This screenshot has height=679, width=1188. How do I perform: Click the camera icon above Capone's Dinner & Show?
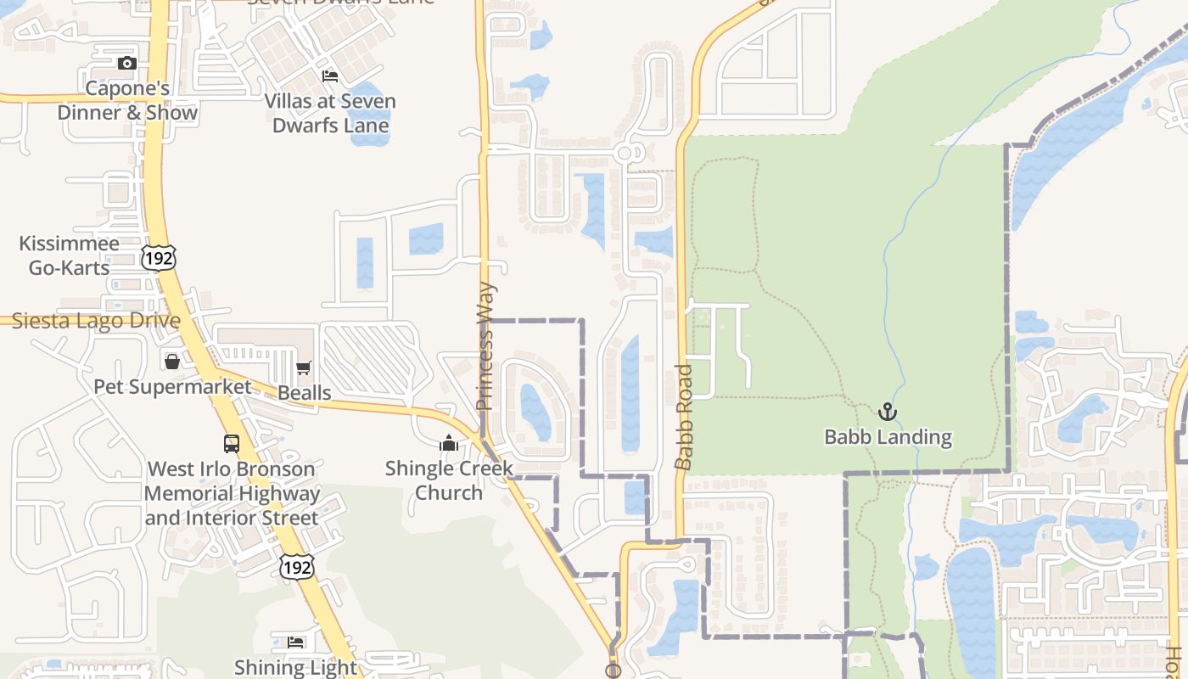click(x=126, y=63)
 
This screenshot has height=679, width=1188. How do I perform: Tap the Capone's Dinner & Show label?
click(x=127, y=100)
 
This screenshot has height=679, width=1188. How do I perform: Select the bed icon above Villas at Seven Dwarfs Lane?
click(x=330, y=76)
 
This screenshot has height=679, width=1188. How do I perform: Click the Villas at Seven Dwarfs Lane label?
click(x=330, y=113)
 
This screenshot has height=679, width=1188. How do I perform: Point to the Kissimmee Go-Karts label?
click(x=69, y=255)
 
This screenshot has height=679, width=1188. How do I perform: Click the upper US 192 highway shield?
click(x=159, y=257)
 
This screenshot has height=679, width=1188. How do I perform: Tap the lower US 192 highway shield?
click(x=297, y=566)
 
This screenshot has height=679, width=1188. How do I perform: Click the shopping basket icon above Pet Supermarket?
click(x=172, y=362)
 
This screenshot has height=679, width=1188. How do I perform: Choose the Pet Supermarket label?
click(x=172, y=387)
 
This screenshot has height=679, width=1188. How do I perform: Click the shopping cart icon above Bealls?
click(x=303, y=368)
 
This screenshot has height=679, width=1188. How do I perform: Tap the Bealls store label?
click(x=305, y=393)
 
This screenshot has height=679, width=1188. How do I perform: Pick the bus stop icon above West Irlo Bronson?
click(x=231, y=443)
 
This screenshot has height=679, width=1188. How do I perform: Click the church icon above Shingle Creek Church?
click(x=449, y=443)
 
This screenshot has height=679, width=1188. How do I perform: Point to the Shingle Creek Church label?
click(x=449, y=480)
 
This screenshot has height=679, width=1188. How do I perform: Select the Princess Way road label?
click(x=485, y=346)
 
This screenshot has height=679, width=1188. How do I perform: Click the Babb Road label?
click(x=684, y=417)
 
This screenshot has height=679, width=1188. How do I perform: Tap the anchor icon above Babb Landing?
click(x=888, y=412)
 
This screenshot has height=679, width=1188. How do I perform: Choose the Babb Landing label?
click(x=888, y=437)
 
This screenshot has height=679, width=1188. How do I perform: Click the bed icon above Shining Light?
click(x=295, y=642)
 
